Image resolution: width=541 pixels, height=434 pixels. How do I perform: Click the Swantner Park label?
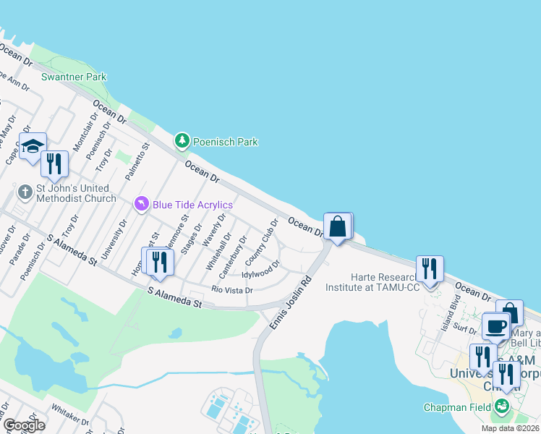click(74, 77)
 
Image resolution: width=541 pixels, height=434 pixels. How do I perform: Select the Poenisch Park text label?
click(226, 142)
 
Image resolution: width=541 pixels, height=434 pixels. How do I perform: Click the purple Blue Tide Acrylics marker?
click(142, 205)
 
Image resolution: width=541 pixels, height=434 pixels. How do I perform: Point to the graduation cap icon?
click(33, 147)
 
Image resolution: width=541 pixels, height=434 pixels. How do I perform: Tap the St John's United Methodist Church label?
click(76, 193)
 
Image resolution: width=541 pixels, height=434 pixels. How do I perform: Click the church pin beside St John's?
click(25, 192)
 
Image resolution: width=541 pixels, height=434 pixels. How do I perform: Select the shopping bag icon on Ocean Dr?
click(338, 226)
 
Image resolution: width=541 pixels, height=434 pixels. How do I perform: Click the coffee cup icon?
click(496, 326)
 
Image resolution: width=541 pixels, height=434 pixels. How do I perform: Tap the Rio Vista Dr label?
click(231, 290)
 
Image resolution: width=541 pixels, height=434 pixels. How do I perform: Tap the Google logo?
click(24, 425)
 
